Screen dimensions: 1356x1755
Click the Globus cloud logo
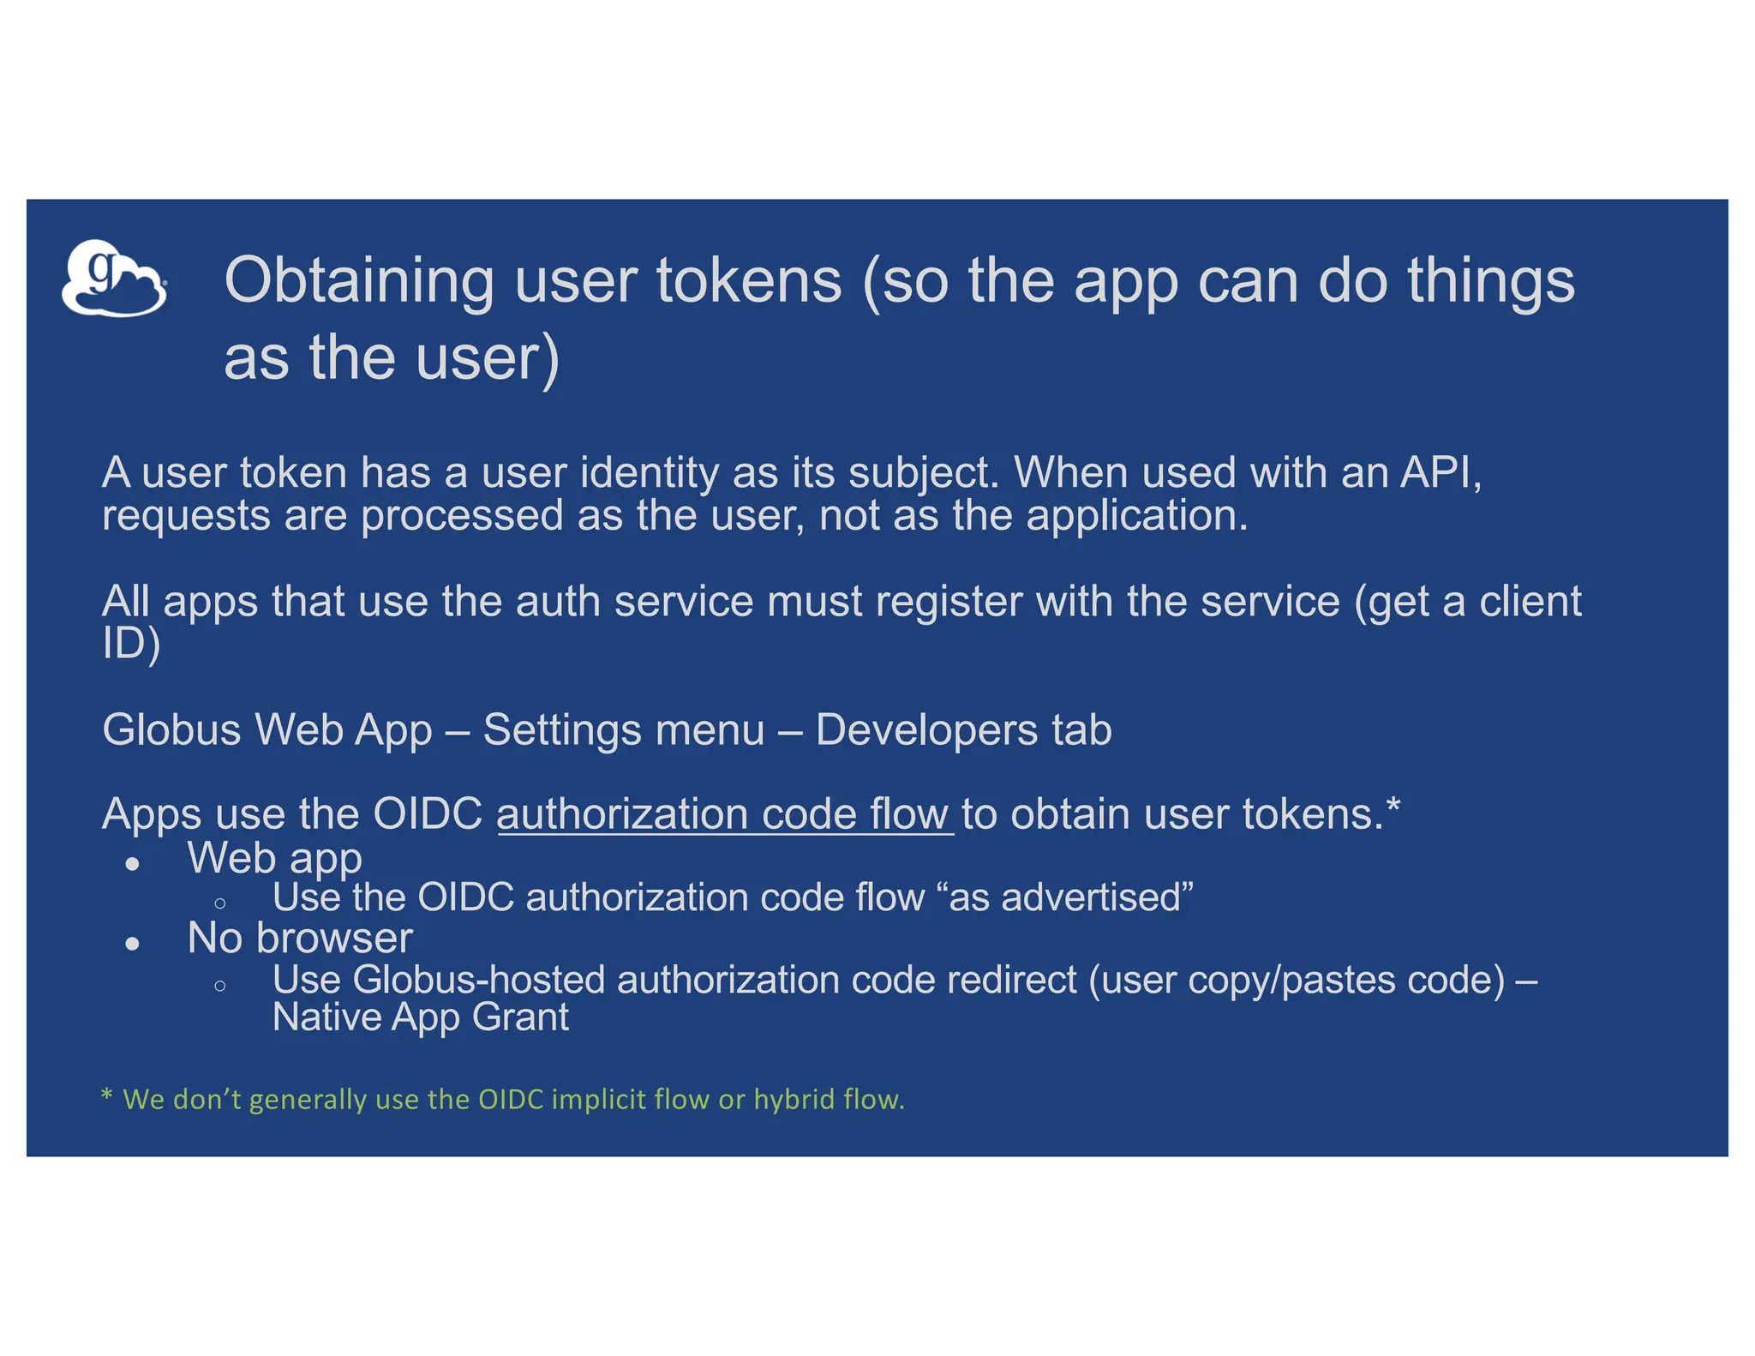[113, 279]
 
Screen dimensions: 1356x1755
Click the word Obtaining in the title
[358, 281]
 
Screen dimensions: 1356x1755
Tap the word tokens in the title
[749, 281]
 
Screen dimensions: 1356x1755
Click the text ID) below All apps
[130, 644]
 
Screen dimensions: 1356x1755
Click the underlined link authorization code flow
[724, 814]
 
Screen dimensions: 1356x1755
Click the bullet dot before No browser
[132, 944]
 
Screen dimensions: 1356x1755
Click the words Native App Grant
[420, 1017]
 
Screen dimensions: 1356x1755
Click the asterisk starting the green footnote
[106, 1095]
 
